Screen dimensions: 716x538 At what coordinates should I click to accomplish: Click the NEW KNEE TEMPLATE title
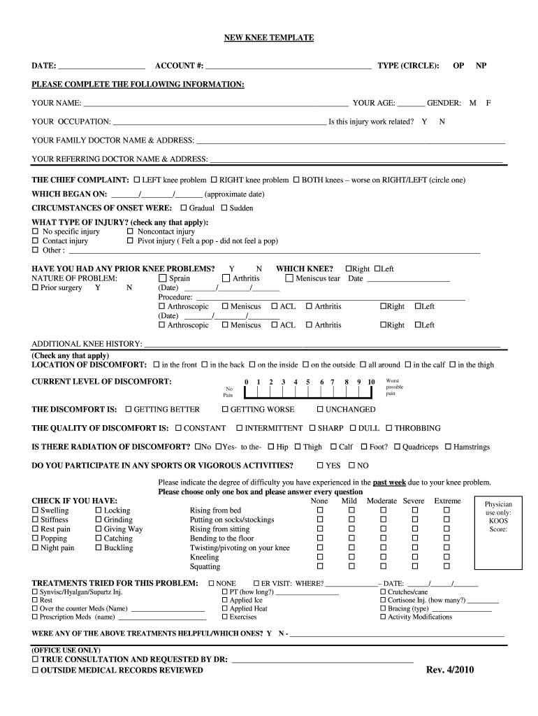tap(268, 37)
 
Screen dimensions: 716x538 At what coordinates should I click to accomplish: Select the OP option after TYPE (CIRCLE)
tap(458, 66)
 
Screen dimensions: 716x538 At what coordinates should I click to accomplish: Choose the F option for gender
tap(489, 103)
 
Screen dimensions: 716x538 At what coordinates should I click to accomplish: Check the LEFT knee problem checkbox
tap(137, 180)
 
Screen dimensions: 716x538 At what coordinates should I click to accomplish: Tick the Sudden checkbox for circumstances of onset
tap(224, 208)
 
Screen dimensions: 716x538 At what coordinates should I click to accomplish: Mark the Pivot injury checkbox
tap(131, 241)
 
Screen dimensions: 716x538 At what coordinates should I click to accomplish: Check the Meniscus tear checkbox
tap(289, 278)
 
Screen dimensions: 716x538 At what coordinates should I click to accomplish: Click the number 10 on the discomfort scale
tap(371, 382)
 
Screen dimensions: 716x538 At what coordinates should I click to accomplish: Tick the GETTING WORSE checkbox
tap(225, 410)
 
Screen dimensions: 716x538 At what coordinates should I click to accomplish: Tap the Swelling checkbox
tap(36, 511)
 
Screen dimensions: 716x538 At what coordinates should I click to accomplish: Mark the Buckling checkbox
tap(98, 548)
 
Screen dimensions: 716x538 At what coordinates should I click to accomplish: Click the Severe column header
tap(414, 501)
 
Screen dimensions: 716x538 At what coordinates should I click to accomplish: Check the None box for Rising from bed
tap(321, 511)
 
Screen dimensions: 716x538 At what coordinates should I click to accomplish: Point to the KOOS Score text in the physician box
tap(499, 524)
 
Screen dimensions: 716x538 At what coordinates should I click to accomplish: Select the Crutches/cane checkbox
tap(383, 592)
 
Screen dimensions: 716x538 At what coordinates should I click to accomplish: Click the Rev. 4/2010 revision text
tap(450, 670)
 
